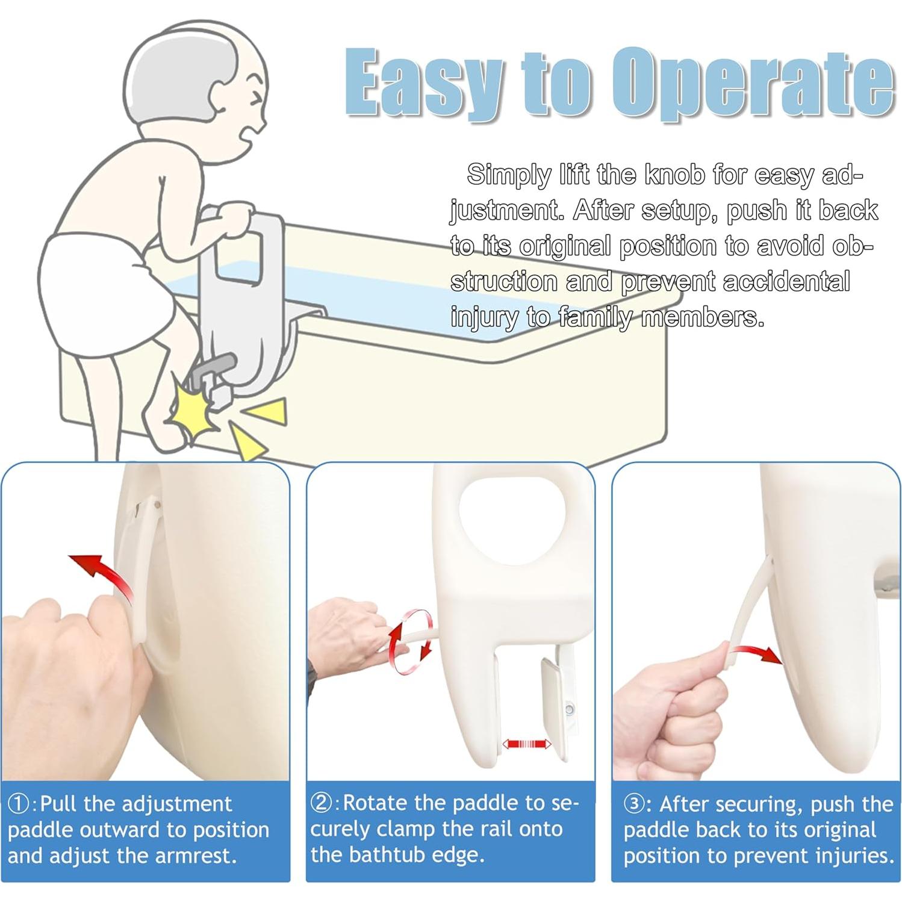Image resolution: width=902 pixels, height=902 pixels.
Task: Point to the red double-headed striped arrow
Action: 526,744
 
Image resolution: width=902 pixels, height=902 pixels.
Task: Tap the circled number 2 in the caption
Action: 323,803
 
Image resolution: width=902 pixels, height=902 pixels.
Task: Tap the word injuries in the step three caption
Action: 855,856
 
